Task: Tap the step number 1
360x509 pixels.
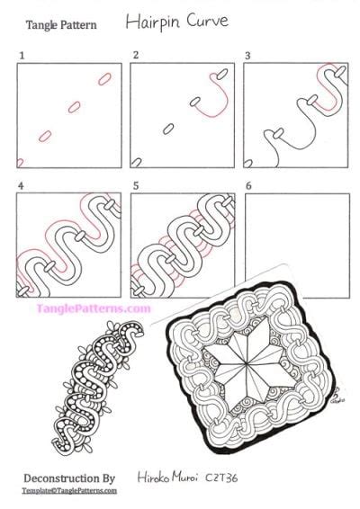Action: [21, 56]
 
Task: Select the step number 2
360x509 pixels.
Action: [135, 56]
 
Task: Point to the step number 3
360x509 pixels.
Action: [247, 56]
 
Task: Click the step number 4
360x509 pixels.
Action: [21, 189]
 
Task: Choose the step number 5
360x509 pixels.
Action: [135, 189]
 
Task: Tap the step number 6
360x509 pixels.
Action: [247, 189]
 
